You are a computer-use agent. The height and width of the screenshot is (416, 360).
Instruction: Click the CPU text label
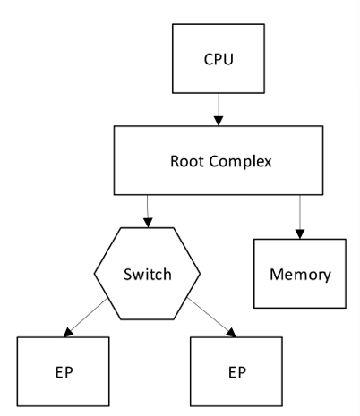219,59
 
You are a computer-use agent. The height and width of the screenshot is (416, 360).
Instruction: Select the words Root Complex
221,161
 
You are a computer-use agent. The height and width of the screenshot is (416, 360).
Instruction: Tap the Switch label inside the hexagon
148,275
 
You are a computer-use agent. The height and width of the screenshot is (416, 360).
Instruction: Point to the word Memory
300,275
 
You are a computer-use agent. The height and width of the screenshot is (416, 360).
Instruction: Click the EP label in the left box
64,372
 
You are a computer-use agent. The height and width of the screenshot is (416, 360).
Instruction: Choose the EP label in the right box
237,372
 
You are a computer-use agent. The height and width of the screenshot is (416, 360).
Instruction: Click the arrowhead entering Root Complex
219,121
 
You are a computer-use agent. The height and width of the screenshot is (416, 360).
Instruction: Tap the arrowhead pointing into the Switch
148,223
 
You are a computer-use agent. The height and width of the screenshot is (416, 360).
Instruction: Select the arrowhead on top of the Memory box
300,234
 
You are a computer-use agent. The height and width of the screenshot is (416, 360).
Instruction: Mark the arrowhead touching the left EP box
68,333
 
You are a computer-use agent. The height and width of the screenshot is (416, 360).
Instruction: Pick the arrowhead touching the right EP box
232,333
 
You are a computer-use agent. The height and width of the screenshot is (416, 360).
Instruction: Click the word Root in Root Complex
187,161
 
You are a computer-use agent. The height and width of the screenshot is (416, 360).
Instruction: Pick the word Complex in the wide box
241,162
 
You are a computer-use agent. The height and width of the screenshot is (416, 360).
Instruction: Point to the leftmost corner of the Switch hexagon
94,274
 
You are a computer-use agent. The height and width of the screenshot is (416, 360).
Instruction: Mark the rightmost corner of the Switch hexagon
200,274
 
